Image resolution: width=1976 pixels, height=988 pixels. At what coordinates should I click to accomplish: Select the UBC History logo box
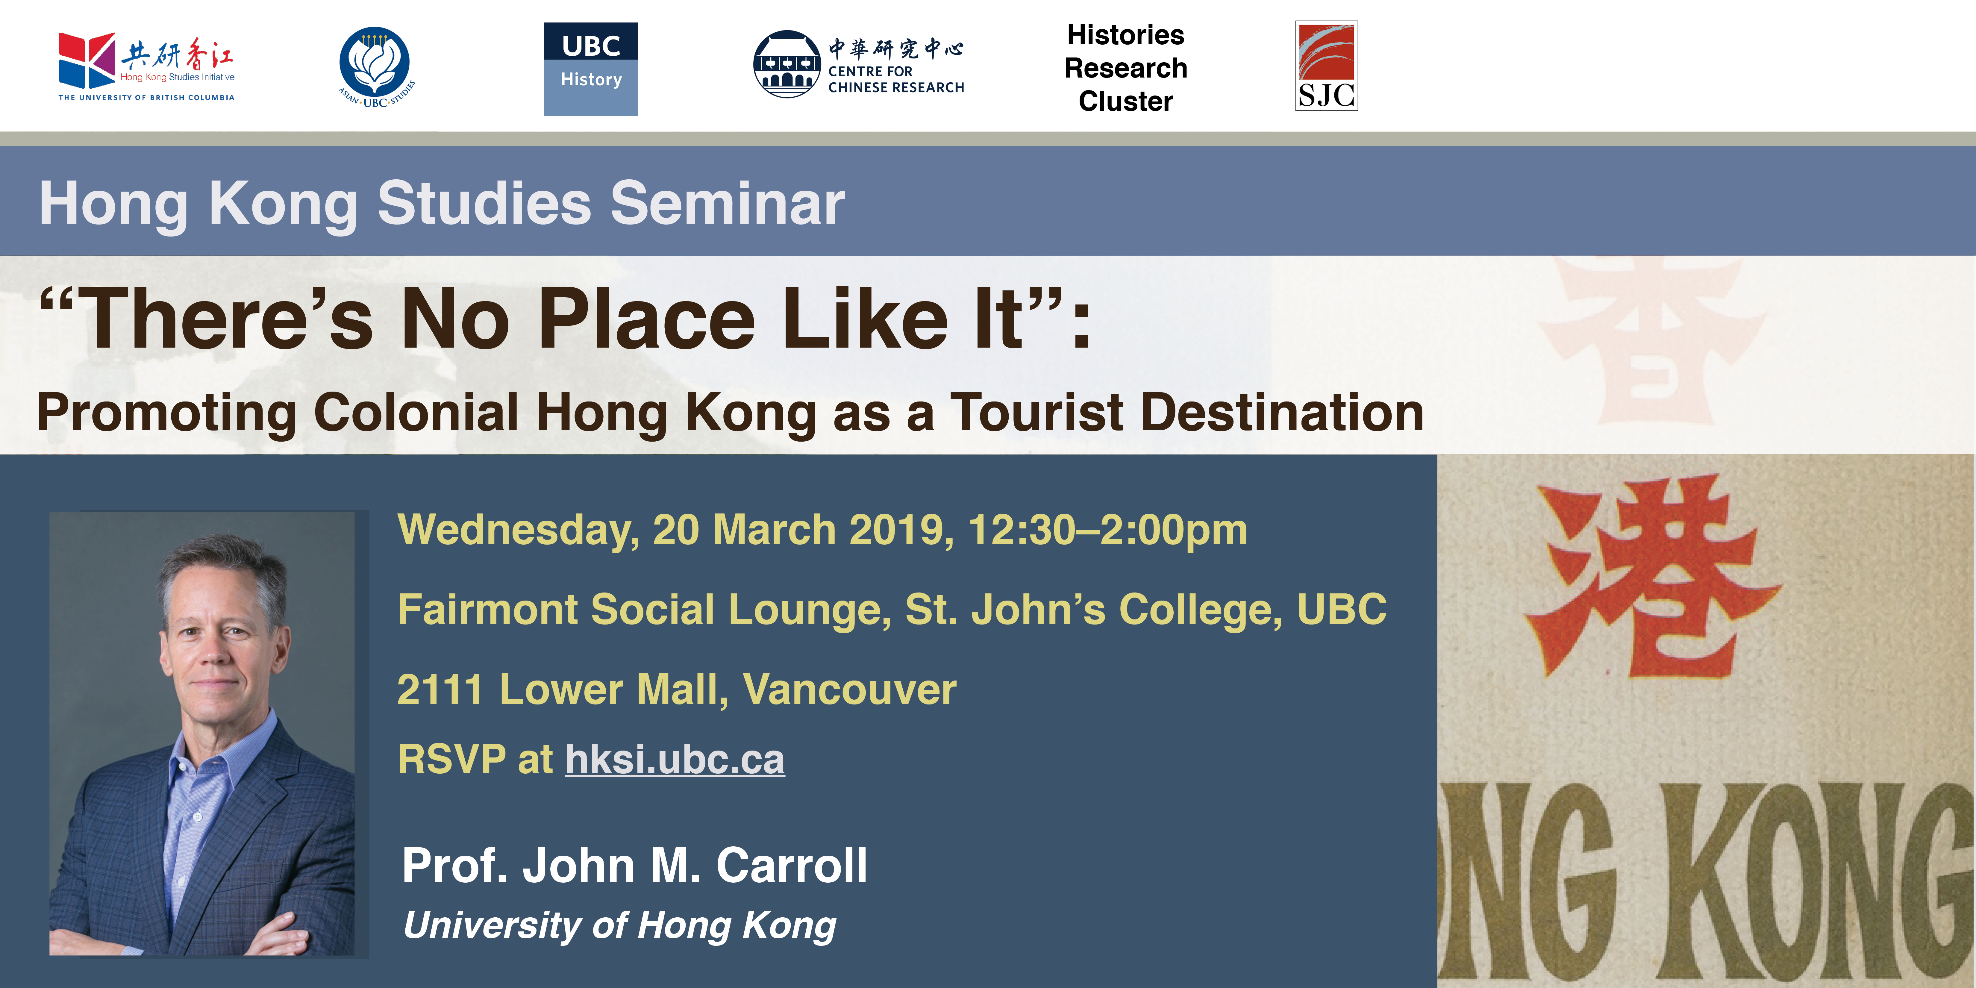click(591, 69)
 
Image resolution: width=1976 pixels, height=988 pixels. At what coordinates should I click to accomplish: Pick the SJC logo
click(1326, 66)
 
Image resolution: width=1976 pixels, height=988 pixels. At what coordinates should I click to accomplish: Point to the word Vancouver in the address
click(849, 690)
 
